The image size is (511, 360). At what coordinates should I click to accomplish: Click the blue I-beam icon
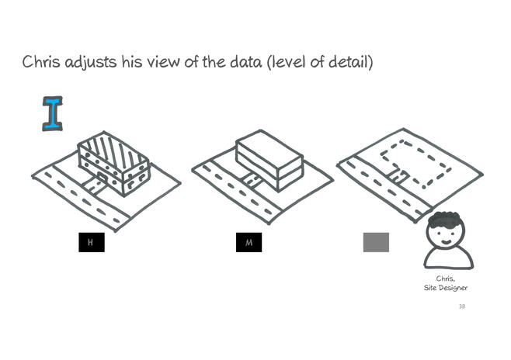[x=53, y=113]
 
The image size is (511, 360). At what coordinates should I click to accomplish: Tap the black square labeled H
[x=92, y=242]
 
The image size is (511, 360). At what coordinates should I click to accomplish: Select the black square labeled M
[x=249, y=242]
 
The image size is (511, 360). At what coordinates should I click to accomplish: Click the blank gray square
[x=376, y=242]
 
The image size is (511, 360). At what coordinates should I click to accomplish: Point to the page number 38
[x=462, y=306]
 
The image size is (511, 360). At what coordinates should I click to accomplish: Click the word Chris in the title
[x=41, y=61]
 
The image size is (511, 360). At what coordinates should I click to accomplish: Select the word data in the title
[x=245, y=62]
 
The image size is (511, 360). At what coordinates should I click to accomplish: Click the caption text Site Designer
[x=446, y=288]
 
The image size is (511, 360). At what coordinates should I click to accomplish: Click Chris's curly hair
[x=445, y=219]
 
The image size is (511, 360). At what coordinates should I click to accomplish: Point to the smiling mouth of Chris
[x=447, y=241]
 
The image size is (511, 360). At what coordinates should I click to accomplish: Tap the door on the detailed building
[x=102, y=177]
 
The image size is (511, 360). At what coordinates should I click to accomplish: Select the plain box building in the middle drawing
[x=269, y=161]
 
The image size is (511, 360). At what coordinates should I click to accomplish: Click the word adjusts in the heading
[x=91, y=63]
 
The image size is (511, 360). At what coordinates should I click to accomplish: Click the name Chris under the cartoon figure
[x=446, y=279]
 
